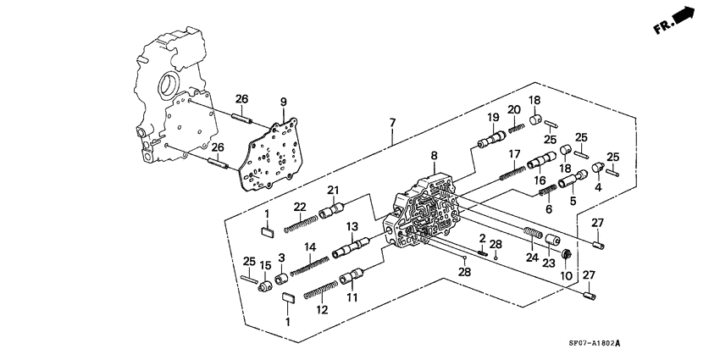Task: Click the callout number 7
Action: [393, 124]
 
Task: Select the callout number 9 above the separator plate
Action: [284, 102]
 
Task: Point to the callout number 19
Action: [490, 117]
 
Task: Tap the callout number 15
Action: [264, 266]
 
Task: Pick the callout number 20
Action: [513, 109]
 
